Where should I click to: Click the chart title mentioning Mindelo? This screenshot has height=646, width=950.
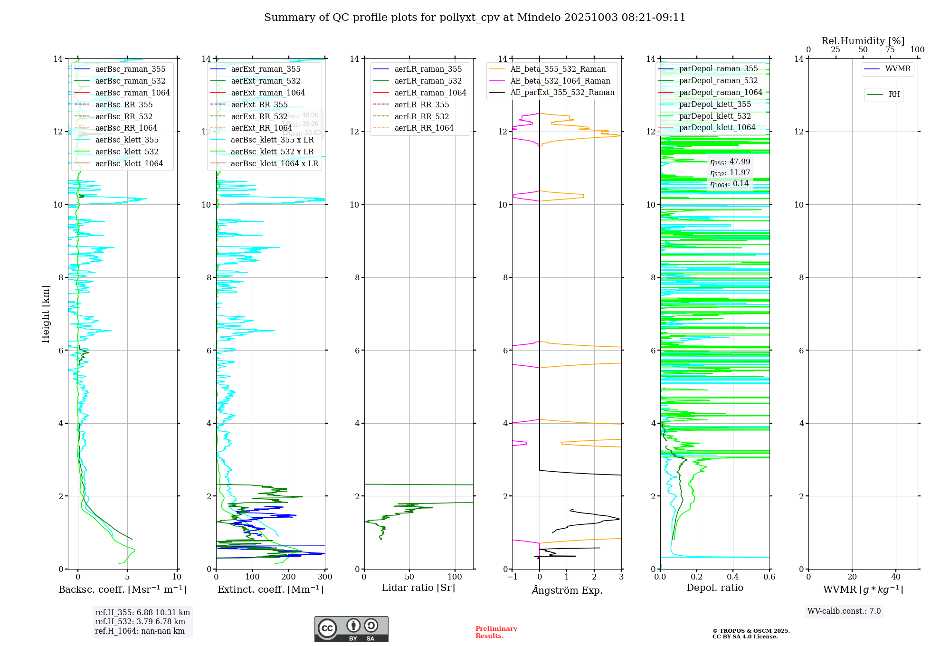pyautogui.click(x=475, y=18)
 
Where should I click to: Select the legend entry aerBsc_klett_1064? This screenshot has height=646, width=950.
pyautogui.click(x=129, y=163)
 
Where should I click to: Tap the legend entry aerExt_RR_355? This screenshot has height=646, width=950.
pyautogui.click(x=259, y=104)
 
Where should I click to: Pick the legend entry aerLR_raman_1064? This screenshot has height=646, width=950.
pyautogui.click(x=430, y=93)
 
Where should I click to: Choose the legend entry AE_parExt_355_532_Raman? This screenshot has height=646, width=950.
pyautogui.click(x=562, y=93)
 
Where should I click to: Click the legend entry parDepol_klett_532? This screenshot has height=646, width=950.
pyautogui.click(x=714, y=116)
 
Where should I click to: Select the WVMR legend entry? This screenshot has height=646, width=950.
pyautogui.click(x=897, y=69)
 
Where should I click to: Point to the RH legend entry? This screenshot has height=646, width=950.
pyautogui.click(x=893, y=95)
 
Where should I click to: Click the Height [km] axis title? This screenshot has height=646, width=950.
pyautogui.click(x=46, y=313)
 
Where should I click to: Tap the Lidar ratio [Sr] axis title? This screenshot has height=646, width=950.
pyautogui.click(x=418, y=588)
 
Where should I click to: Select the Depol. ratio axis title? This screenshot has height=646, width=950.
pyautogui.click(x=714, y=588)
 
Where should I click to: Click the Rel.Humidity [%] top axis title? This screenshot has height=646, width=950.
pyautogui.click(x=863, y=41)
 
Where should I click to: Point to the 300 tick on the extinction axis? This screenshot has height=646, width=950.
pyautogui.click(x=325, y=577)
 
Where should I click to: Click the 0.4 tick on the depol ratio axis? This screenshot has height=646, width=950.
pyautogui.click(x=733, y=577)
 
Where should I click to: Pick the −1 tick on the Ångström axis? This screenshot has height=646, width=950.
pyautogui.click(x=512, y=577)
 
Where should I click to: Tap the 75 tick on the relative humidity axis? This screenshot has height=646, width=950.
pyautogui.click(x=890, y=50)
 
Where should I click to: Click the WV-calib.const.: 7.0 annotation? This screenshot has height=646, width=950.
pyautogui.click(x=844, y=611)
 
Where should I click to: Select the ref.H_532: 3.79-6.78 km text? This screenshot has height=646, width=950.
pyautogui.click(x=140, y=622)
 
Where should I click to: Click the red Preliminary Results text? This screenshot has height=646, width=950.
pyautogui.click(x=496, y=632)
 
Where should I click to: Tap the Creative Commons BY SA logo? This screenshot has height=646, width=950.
pyautogui.click(x=351, y=629)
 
